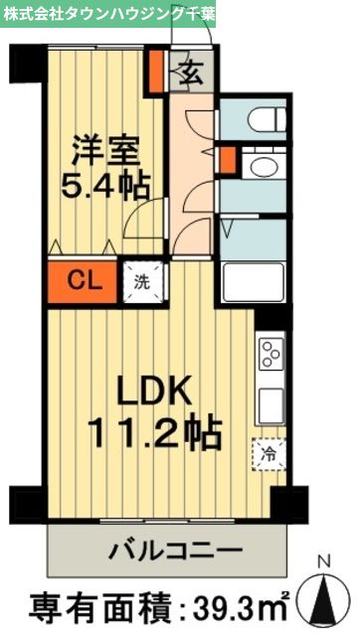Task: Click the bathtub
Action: [x=255, y=279]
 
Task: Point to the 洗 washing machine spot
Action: [x=142, y=280]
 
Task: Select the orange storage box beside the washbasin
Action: [x=230, y=160]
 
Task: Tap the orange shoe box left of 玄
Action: [x=157, y=72]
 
